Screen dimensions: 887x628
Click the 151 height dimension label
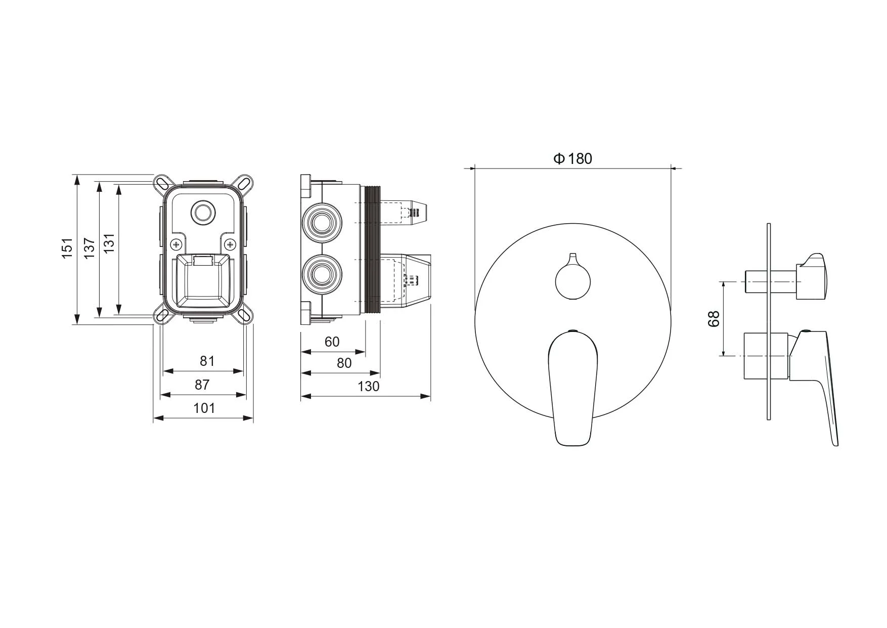67,248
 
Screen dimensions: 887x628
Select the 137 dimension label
90,248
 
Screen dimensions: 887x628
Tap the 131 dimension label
109,243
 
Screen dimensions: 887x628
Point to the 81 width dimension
207,361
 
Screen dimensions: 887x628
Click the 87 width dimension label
202,385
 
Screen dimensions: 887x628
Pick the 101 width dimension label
204,408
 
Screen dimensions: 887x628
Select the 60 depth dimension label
332,342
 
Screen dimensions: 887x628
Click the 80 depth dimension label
344,363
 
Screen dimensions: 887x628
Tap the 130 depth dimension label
368,386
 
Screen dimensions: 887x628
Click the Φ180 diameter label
572,158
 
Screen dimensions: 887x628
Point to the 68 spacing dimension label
714,319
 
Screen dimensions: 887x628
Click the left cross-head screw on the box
176,245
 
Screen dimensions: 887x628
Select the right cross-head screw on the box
231,245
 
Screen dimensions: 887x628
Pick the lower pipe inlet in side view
322,274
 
